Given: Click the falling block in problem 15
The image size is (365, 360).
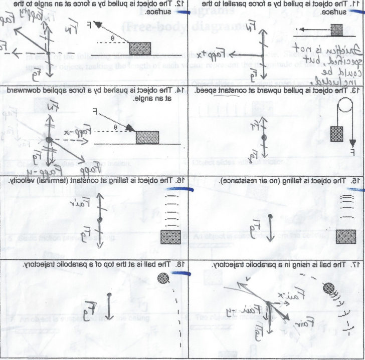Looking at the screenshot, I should click(346, 237).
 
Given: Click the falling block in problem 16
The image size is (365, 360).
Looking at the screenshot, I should click(171, 237).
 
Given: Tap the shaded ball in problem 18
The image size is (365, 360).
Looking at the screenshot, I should click(163, 279).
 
